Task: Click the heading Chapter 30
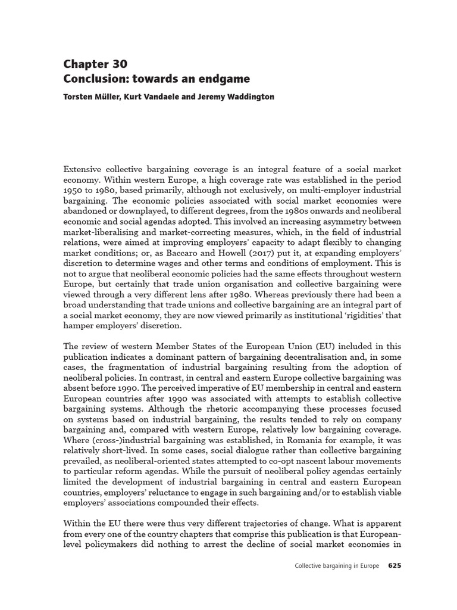pos(95,64)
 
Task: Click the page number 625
pos(395,565)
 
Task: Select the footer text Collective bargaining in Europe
pos(336,565)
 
